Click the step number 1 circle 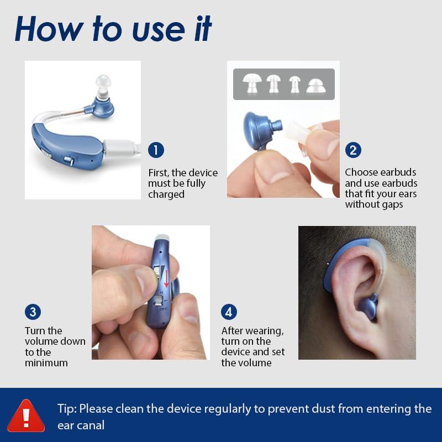[156, 150]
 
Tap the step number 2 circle [353, 150]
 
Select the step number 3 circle [33, 312]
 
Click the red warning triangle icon [26, 415]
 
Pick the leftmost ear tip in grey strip [252, 83]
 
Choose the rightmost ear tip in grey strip [316, 85]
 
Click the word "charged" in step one [166, 194]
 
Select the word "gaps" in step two [391, 204]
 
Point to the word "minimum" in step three [46, 363]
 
